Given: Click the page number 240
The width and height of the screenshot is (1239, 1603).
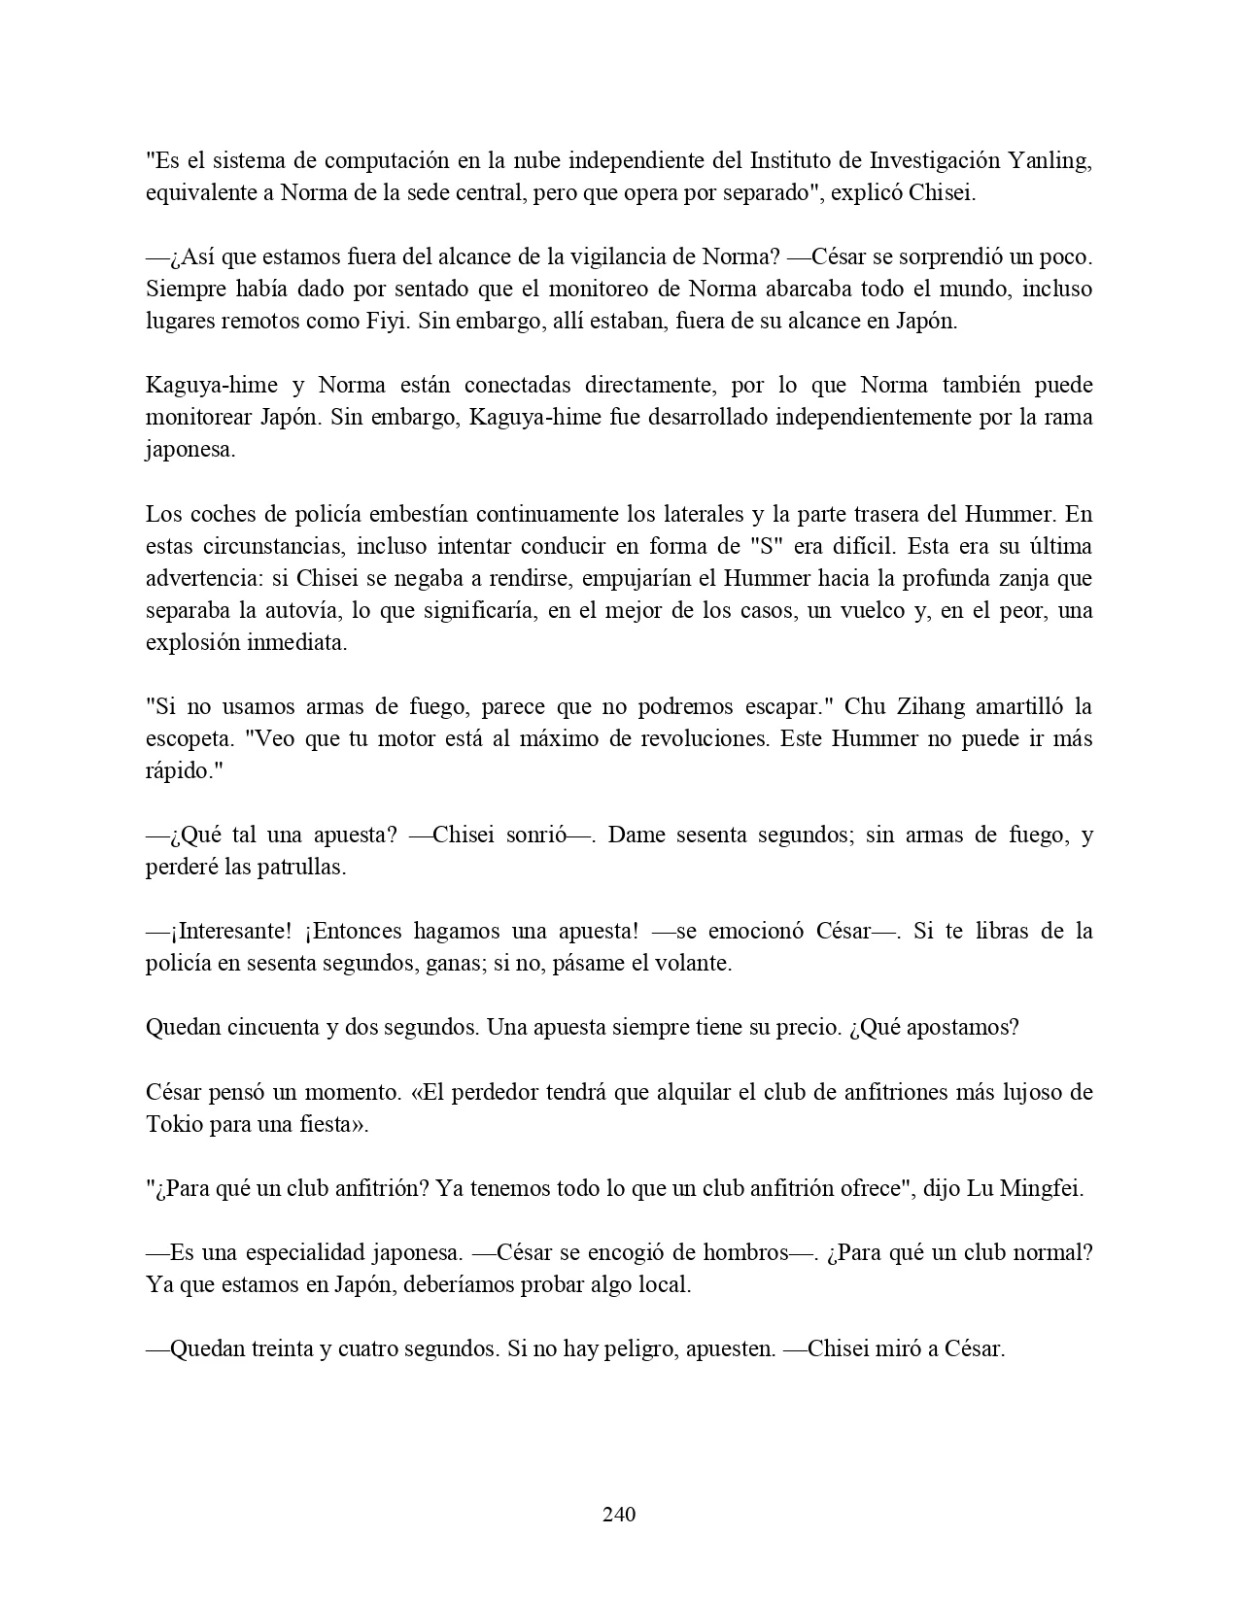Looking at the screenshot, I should pyautogui.click(x=619, y=1514).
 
